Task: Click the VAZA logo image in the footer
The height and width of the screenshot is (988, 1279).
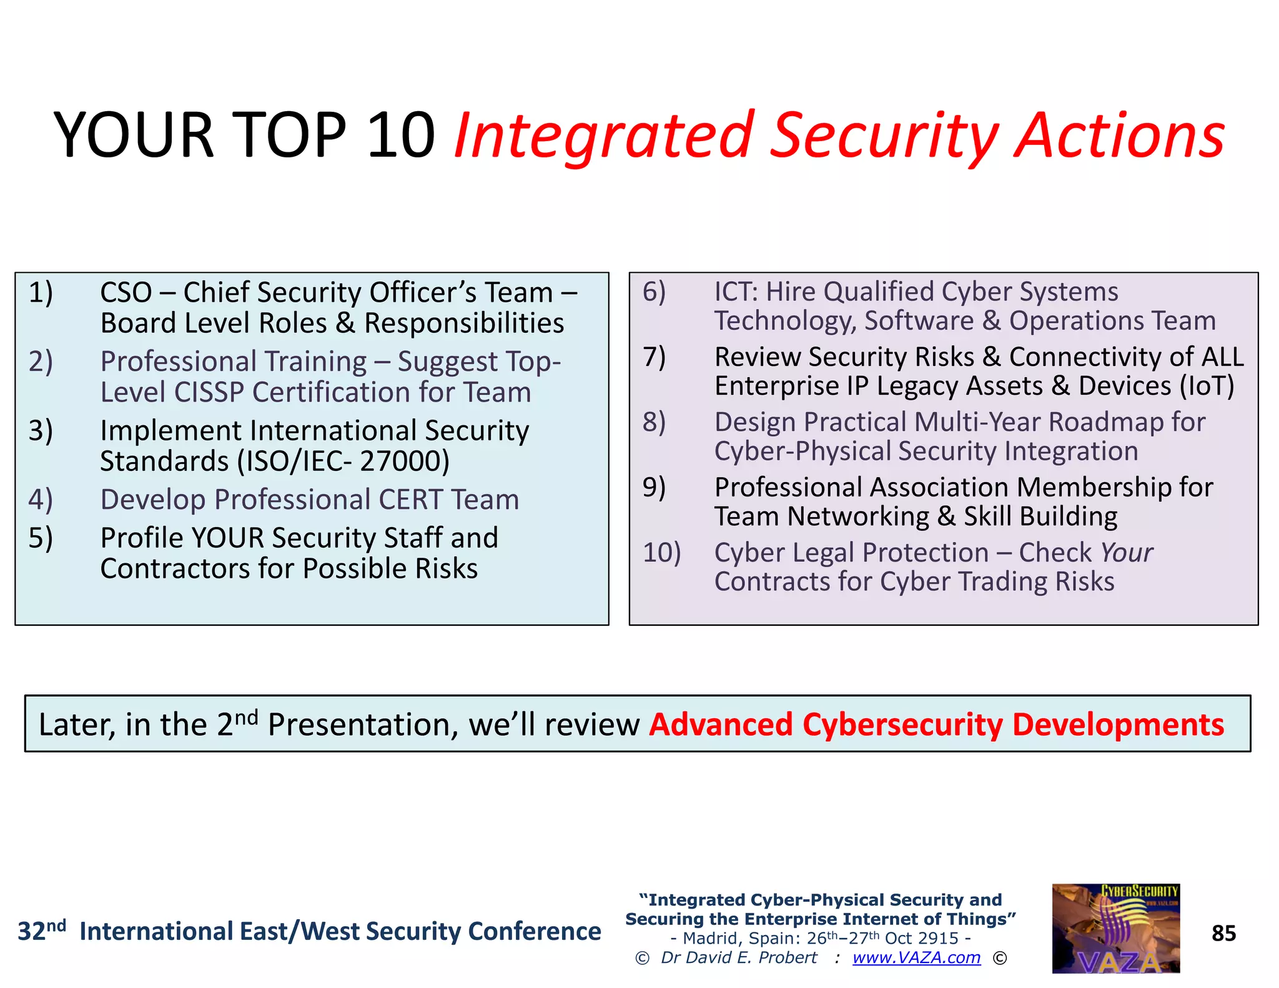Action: click(1115, 928)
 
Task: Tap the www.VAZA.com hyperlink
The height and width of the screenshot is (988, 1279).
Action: click(916, 957)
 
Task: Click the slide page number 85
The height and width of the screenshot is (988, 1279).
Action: click(1223, 933)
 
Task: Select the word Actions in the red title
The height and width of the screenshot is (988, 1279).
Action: click(1120, 136)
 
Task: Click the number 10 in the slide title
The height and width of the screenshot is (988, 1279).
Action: click(401, 136)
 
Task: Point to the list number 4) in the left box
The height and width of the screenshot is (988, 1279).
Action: click(41, 500)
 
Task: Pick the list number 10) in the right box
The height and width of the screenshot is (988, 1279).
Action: click(661, 552)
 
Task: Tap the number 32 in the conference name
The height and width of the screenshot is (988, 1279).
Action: click(31, 932)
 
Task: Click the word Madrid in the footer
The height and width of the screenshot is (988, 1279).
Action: click(709, 938)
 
